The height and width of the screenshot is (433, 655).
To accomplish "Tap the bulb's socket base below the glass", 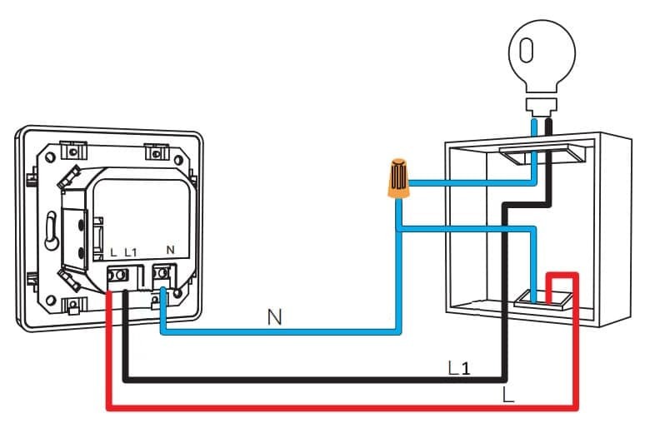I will click(541, 105).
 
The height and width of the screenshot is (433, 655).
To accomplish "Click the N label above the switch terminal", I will click(170, 250).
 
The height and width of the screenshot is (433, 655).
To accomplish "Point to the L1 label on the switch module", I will click(130, 251).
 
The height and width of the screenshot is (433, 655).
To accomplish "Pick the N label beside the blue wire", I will click(274, 316).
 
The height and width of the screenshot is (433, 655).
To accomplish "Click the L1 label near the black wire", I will click(460, 367).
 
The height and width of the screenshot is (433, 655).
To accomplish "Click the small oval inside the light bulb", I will click(525, 52).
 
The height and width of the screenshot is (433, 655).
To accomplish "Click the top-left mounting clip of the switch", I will click(74, 152).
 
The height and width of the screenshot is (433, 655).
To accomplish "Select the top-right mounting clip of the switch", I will click(156, 152).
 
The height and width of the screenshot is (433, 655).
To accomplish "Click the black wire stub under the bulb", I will click(549, 126).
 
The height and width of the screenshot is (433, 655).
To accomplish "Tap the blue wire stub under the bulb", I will click(534, 126).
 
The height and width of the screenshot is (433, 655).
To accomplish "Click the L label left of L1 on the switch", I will click(113, 251).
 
